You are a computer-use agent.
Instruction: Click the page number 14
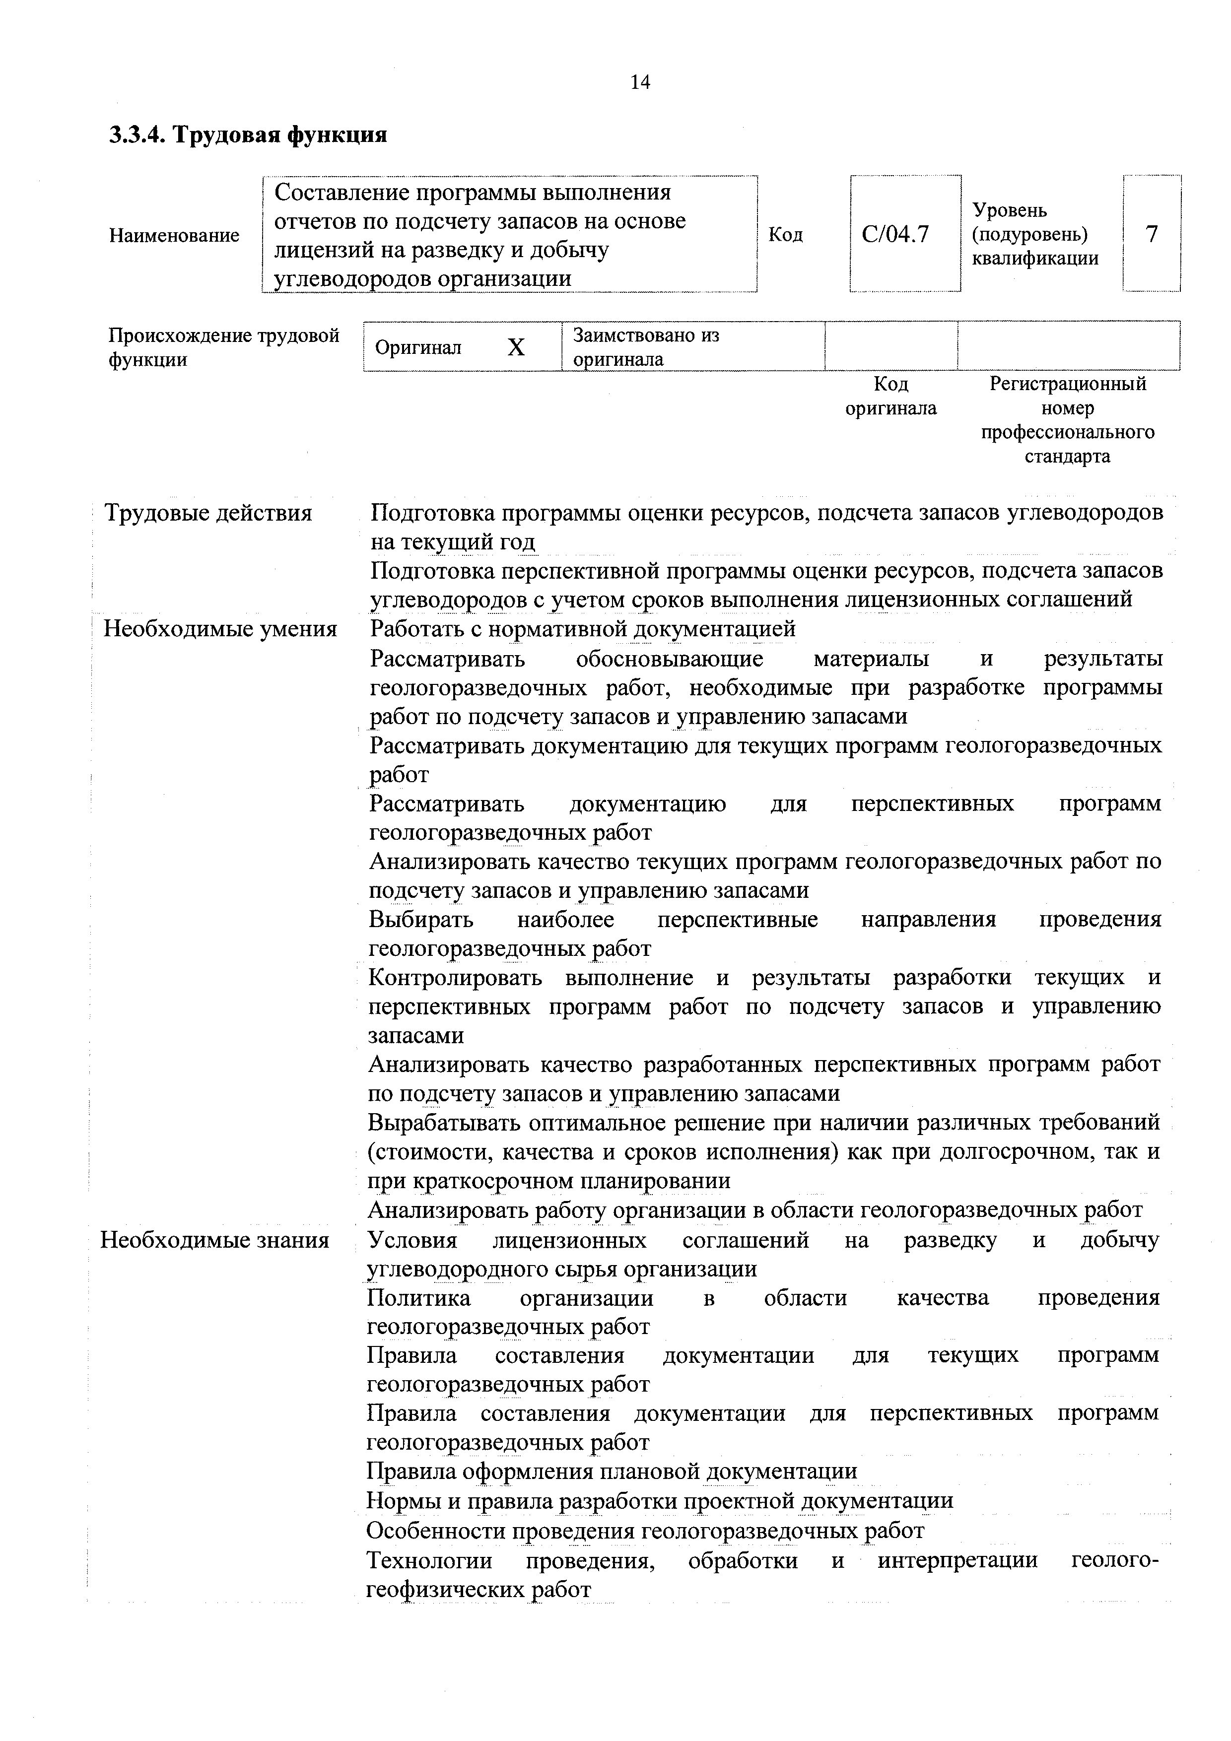640,82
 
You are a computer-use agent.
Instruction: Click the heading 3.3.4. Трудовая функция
249,135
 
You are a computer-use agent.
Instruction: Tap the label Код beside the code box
786,234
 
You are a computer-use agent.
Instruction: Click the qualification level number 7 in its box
1152,234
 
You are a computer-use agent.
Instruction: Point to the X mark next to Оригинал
516,347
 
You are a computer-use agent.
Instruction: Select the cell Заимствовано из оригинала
646,346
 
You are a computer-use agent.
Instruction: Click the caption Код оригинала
890,396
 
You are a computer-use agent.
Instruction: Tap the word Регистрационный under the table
1068,384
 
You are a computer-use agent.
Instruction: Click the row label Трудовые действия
208,513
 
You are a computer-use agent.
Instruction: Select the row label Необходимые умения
220,629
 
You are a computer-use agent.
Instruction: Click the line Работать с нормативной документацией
583,629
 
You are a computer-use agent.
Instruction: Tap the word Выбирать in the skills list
421,920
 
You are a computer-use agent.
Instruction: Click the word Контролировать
455,977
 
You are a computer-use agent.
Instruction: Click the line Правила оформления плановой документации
612,1471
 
